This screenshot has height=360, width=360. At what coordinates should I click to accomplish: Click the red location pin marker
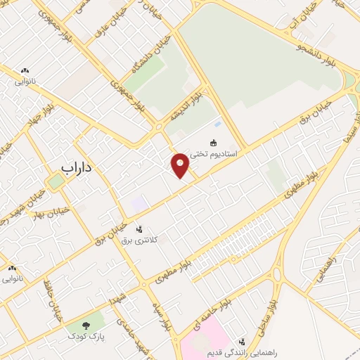(181, 165)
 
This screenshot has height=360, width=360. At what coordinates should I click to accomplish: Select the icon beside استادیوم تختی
(214, 141)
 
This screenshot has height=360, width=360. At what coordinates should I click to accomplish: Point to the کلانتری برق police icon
(139, 229)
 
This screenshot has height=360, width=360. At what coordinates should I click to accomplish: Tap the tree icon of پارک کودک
(86, 325)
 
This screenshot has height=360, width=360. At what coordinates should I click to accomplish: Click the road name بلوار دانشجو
(304, 51)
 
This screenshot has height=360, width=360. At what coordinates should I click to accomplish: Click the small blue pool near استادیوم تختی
(217, 125)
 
